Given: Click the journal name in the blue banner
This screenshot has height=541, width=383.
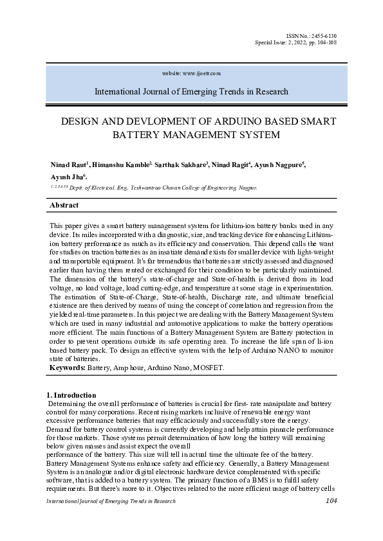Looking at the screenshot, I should (x=191, y=92).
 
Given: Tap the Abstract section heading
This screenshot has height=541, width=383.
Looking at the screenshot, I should (x=64, y=205).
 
